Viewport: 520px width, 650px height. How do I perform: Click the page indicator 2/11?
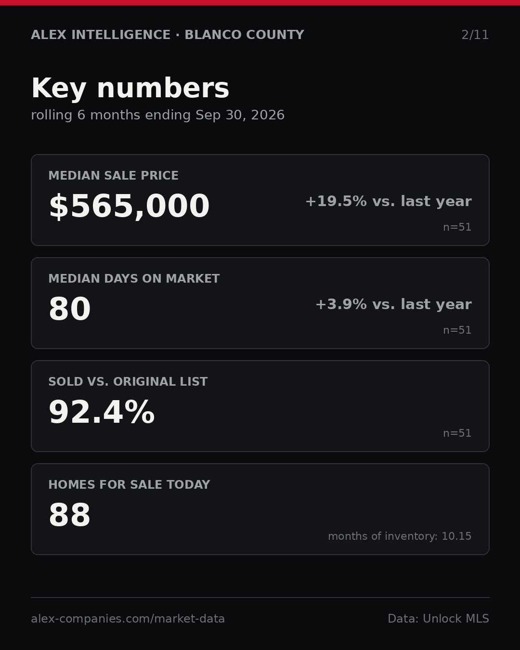pos(475,35)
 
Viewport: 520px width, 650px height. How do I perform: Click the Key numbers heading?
pos(130,88)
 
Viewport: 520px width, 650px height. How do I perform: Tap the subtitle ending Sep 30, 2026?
pos(158,115)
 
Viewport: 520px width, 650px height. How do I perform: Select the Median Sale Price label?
pos(113,175)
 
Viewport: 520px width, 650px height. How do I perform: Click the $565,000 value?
pos(130,206)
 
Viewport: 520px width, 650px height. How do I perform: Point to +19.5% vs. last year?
pos(389,201)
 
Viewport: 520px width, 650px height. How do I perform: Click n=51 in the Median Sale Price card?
pos(457,227)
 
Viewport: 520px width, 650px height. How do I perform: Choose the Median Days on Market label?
pos(134,278)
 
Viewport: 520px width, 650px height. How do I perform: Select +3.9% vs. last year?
pos(393,304)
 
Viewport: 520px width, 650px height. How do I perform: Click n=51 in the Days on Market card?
pos(457,330)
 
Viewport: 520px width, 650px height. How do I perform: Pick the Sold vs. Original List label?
pos(128,381)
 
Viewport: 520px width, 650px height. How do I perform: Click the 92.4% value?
pos(102,412)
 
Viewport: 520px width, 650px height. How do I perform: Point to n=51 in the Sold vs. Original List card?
pos(457,433)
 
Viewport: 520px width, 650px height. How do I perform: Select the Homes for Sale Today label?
pos(129,484)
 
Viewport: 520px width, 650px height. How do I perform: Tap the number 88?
pos(70,515)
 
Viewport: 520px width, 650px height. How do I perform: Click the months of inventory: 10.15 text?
pos(400,536)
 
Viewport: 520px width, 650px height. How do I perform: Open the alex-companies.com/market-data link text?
pos(128,619)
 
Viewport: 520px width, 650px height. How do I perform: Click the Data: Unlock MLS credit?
pos(439,619)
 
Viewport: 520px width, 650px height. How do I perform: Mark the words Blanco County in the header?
pos(245,35)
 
